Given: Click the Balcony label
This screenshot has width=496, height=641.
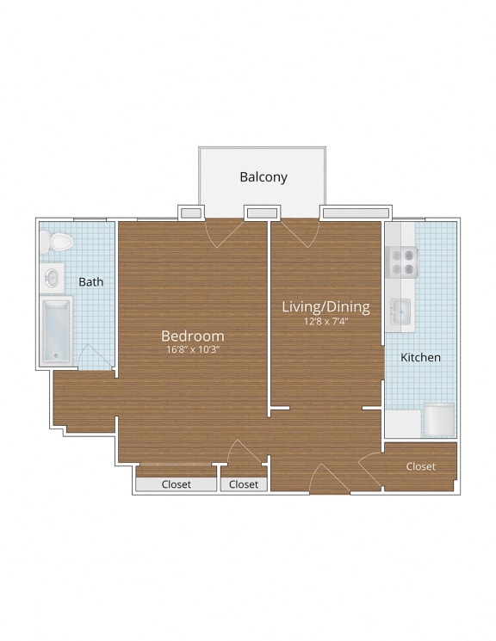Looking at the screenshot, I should [x=263, y=177].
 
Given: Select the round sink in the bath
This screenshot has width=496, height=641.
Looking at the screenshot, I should [x=53, y=278].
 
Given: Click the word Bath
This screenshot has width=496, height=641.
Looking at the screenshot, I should [x=91, y=281].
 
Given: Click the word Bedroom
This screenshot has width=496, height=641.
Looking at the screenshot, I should [x=192, y=336].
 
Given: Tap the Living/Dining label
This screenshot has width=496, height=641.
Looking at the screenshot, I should [x=326, y=306].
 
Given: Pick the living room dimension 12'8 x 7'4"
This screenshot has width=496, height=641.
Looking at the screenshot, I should [x=326, y=322].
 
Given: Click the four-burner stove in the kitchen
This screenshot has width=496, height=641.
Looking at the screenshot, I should [x=403, y=261].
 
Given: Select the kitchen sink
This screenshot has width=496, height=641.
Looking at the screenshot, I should [x=401, y=310].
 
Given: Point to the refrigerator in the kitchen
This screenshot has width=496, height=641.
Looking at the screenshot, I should [x=437, y=421].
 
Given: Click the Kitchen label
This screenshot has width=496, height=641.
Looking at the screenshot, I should [x=421, y=357].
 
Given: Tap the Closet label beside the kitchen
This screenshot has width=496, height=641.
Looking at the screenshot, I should [x=420, y=466].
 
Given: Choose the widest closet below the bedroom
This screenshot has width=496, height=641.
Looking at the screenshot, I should [x=177, y=484].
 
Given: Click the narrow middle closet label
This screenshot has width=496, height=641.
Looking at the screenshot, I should [x=244, y=484].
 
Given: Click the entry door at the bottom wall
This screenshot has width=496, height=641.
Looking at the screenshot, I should [x=328, y=480].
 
